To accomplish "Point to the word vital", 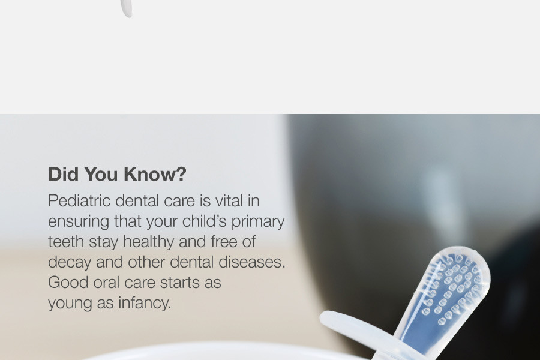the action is click(x=229, y=200).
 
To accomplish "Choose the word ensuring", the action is click(x=79, y=221).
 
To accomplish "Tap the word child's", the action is click(x=204, y=221).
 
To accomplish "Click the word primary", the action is click(x=258, y=222).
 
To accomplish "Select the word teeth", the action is click(x=66, y=241).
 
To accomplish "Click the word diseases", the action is click(x=252, y=262).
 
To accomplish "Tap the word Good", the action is click(x=68, y=283).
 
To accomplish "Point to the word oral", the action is click(x=106, y=283).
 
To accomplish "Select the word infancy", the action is click(x=145, y=304).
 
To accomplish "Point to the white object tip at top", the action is click(x=127, y=10).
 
